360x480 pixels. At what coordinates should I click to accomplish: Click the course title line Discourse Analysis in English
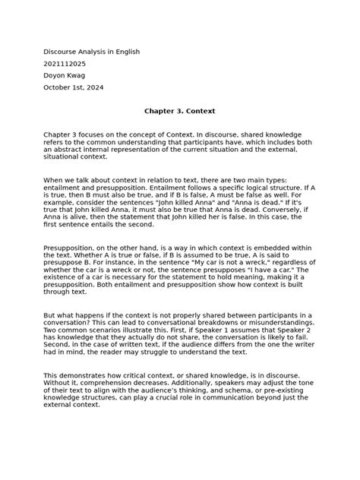[x=91, y=52]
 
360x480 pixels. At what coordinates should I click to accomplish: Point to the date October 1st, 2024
[x=74, y=88]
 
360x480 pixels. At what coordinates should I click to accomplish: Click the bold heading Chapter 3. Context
[x=180, y=109]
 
